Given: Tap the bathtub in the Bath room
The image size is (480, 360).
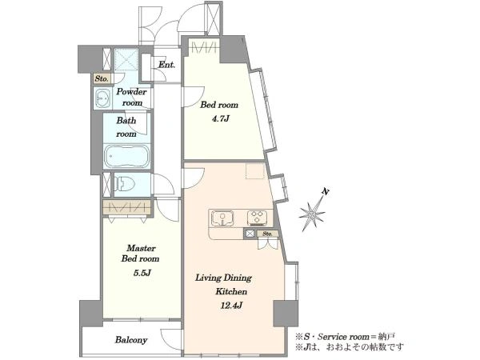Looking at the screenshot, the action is (126, 156).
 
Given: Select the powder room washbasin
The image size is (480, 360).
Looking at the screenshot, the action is (102, 98).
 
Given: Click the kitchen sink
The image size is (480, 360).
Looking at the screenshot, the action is (222, 218).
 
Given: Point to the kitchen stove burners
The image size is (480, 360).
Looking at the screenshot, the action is (258, 218).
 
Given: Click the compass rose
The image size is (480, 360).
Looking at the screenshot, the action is (312, 214).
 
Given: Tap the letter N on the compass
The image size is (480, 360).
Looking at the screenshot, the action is (326, 192).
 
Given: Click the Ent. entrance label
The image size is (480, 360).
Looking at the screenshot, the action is (166, 65).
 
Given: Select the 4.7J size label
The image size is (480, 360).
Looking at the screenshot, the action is (220, 118).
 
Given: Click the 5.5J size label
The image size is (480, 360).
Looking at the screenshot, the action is (141, 273).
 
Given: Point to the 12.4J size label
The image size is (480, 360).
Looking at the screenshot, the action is (232, 306).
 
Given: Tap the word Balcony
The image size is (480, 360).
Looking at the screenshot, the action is (131, 340).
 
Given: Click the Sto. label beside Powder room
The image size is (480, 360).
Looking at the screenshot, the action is (102, 78).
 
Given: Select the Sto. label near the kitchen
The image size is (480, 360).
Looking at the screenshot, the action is (267, 234).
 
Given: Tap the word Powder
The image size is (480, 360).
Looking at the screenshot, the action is (132, 91).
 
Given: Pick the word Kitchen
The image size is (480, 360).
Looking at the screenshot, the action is (231, 291).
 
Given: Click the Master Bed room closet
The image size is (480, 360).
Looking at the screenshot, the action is (126, 207).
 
